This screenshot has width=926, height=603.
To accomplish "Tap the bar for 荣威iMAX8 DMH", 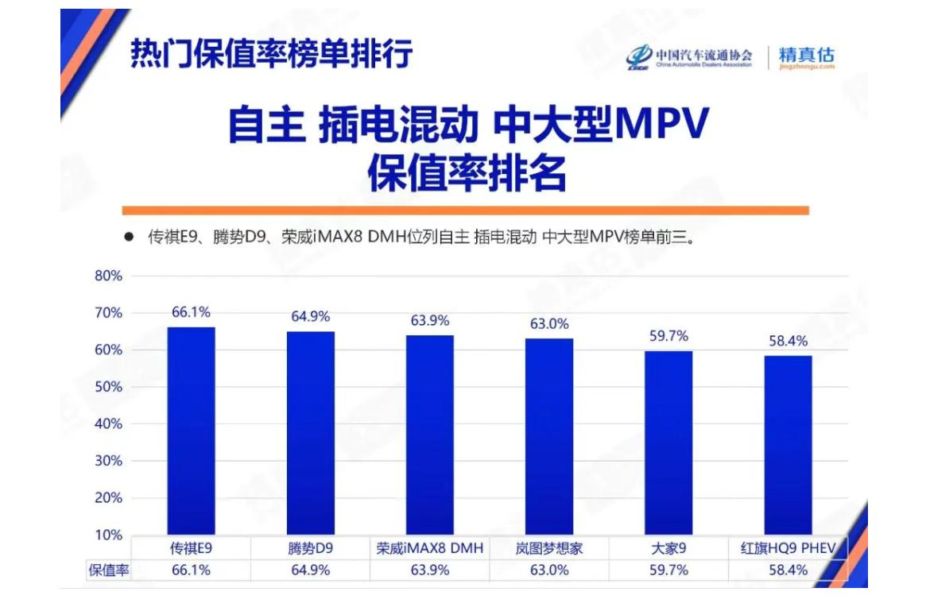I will (x=430, y=435).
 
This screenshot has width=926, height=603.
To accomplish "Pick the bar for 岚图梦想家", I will (x=549, y=436).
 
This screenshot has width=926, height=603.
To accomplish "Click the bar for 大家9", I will (x=668, y=443).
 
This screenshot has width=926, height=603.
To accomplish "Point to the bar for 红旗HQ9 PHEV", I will (x=788, y=445).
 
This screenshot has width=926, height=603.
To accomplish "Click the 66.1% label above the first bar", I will (x=191, y=312).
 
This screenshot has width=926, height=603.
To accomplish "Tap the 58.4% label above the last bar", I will (x=788, y=341).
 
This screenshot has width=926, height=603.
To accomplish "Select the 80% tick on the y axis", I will (x=109, y=276).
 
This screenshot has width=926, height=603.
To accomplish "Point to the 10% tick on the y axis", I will (x=109, y=535).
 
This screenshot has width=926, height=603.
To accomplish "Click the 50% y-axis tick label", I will (x=109, y=387).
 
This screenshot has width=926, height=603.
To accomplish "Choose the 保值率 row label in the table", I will (x=109, y=570).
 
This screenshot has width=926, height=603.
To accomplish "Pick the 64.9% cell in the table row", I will (x=310, y=570).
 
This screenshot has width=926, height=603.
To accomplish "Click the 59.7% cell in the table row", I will (x=668, y=570).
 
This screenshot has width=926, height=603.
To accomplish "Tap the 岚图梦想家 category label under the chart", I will (x=549, y=548).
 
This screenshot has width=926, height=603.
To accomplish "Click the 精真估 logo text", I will (x=807, y=56).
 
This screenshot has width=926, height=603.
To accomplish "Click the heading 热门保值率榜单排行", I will (x=271, y=54).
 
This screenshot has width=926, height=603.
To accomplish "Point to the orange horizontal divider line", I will (x=465, y=211).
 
